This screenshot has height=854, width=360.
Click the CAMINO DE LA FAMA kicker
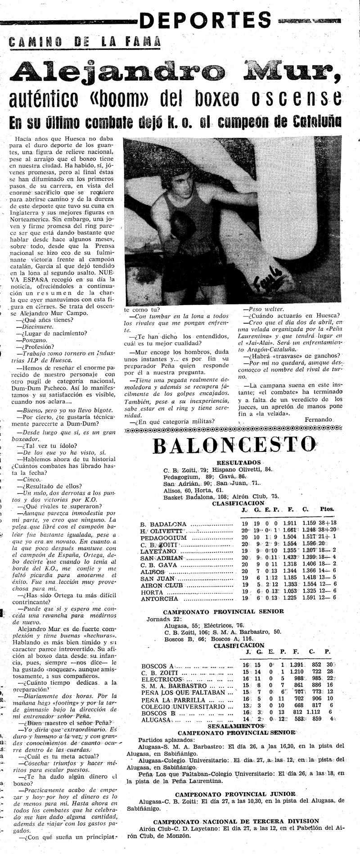coord(85,42)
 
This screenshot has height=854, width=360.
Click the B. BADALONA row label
coord(164,524)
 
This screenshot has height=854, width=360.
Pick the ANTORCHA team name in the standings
coord(160,599)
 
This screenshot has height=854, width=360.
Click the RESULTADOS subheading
coord(238,462)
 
